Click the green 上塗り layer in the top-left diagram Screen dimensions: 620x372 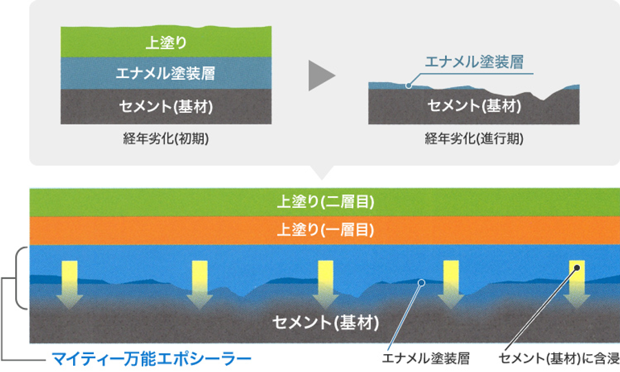pos(166,42)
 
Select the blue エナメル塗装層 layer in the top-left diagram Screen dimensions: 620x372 pos(166,73)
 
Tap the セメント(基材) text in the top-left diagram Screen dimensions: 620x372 pos(166,106)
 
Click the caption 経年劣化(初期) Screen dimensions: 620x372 pos(166,138)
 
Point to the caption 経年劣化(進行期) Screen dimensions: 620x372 pos(474,138)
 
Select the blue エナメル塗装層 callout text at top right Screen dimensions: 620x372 pos(474,62)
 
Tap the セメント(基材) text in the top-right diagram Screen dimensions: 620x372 pos(474,105)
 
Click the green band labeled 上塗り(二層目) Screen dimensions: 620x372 pos(324,203)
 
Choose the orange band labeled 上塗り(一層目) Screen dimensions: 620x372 pos(324,231)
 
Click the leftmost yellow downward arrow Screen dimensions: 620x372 pos(70,285)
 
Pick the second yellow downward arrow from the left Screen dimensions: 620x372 pos(200,285)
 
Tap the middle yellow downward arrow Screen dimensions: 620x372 pos(325,285)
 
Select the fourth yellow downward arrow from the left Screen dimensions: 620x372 pos(451,285)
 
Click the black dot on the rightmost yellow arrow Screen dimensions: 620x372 pos(577,268)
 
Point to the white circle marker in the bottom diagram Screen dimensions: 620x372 pos(422,282)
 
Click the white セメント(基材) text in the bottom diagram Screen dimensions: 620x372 pos(325,322)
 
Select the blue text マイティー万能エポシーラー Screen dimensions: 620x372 pos(152,359)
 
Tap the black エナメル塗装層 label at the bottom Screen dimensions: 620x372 pos(426,358)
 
